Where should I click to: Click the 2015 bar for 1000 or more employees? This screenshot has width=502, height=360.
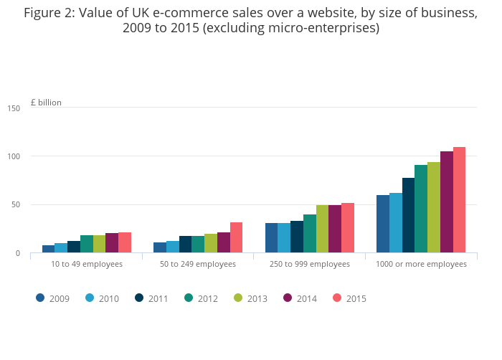(459, 200)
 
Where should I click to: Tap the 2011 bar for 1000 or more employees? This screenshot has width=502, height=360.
(408, 215)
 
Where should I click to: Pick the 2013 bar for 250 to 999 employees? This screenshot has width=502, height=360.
(322, 229)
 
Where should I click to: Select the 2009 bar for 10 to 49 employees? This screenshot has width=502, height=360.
(48, 249)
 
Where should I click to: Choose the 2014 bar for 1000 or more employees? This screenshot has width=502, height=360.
(447, 202)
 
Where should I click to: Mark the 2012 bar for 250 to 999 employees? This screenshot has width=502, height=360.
(310, 233)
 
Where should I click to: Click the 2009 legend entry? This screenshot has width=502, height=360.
(53, 298)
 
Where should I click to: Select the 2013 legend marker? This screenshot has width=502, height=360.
(239, 298)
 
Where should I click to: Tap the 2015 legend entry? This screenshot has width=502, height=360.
(349, 298)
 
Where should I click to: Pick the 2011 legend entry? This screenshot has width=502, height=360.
(151, 298)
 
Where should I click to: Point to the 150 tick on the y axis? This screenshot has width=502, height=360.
(14, 108)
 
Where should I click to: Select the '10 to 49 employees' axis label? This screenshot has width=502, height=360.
(87, 264)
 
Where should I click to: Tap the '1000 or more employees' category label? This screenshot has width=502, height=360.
(422, 264)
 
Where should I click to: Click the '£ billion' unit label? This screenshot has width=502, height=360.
(46, 103)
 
